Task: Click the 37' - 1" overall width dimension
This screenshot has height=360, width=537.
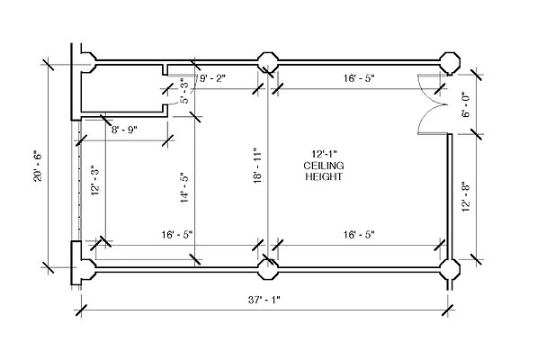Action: (264, 300)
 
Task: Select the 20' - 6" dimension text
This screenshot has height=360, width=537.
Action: (38, 166)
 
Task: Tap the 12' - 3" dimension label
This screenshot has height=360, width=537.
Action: (95, 181)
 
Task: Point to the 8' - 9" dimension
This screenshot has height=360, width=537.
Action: (124, 130)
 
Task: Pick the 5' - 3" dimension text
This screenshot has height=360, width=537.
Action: (184, 91)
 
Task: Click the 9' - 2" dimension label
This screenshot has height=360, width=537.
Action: (212, 78)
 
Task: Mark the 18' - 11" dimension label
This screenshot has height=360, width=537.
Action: (257, 166)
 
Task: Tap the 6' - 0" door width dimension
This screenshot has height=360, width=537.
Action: (466, 104)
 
